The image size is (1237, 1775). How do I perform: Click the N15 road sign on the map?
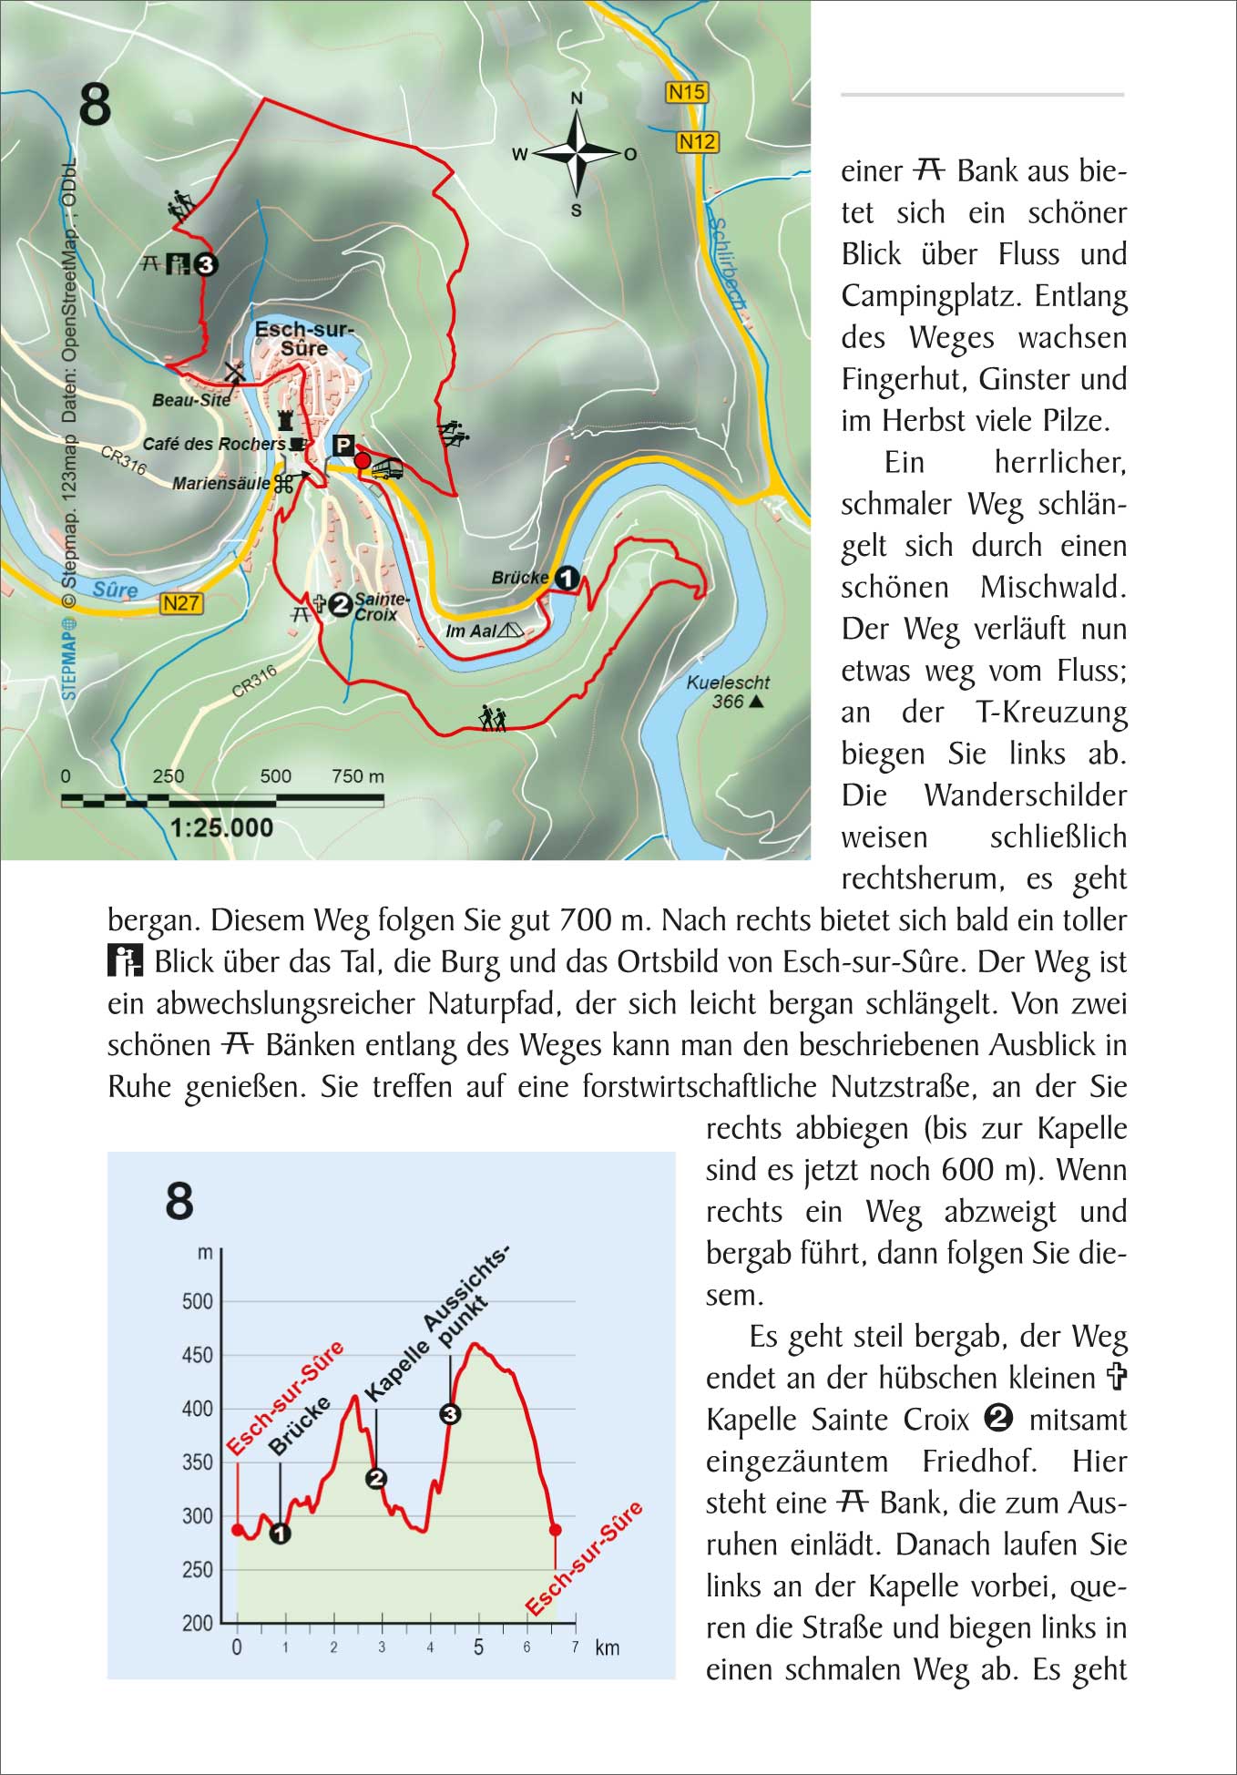(687, 92)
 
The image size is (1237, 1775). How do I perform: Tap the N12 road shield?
(698, 141)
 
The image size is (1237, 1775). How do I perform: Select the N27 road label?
(181, 603)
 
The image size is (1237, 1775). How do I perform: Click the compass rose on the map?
(576, 153)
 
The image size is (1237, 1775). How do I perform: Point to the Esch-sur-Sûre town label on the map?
(303, 338)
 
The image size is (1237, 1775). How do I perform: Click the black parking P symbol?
(343, 446)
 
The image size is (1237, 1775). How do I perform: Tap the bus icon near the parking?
(387, 469)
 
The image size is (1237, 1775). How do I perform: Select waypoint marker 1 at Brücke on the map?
(567, 578)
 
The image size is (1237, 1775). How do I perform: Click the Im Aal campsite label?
(471, 631)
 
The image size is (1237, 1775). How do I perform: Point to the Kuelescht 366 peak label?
(727, 692)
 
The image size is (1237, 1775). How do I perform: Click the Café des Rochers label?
(214, 445)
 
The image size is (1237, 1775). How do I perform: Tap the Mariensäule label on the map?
(221, 484)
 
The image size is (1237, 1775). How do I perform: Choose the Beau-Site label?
(191, 400)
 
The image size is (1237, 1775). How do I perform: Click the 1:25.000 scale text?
(221, 827)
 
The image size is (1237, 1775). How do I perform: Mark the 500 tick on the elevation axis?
(198, 1301)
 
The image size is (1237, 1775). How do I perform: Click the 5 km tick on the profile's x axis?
(478, 1647)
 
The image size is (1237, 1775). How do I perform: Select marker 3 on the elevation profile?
(450, 1413)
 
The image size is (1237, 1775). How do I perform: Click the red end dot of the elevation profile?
(556, 1530)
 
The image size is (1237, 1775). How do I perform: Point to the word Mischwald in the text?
(1053, 588)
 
